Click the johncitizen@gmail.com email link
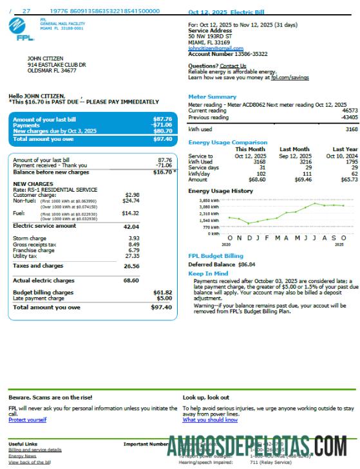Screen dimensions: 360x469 click(x=215, y=48)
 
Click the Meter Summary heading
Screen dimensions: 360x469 click(x=212, y=97)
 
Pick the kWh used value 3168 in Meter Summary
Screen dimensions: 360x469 click(x=351, y=129)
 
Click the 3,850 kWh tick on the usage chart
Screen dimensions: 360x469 click(x=210, y=201)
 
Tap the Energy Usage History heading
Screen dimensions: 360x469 click(x=220, y=191)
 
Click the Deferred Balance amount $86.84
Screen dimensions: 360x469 click(x=247, y=264)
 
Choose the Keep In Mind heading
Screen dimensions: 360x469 click(x=208, y=274)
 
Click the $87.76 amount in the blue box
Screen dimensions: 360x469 click(x=162, y=119)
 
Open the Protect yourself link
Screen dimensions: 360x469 click(x=27, y=420)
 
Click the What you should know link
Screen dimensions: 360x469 click(x=210, y=420)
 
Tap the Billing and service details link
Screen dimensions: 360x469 click(x=35, y=450)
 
